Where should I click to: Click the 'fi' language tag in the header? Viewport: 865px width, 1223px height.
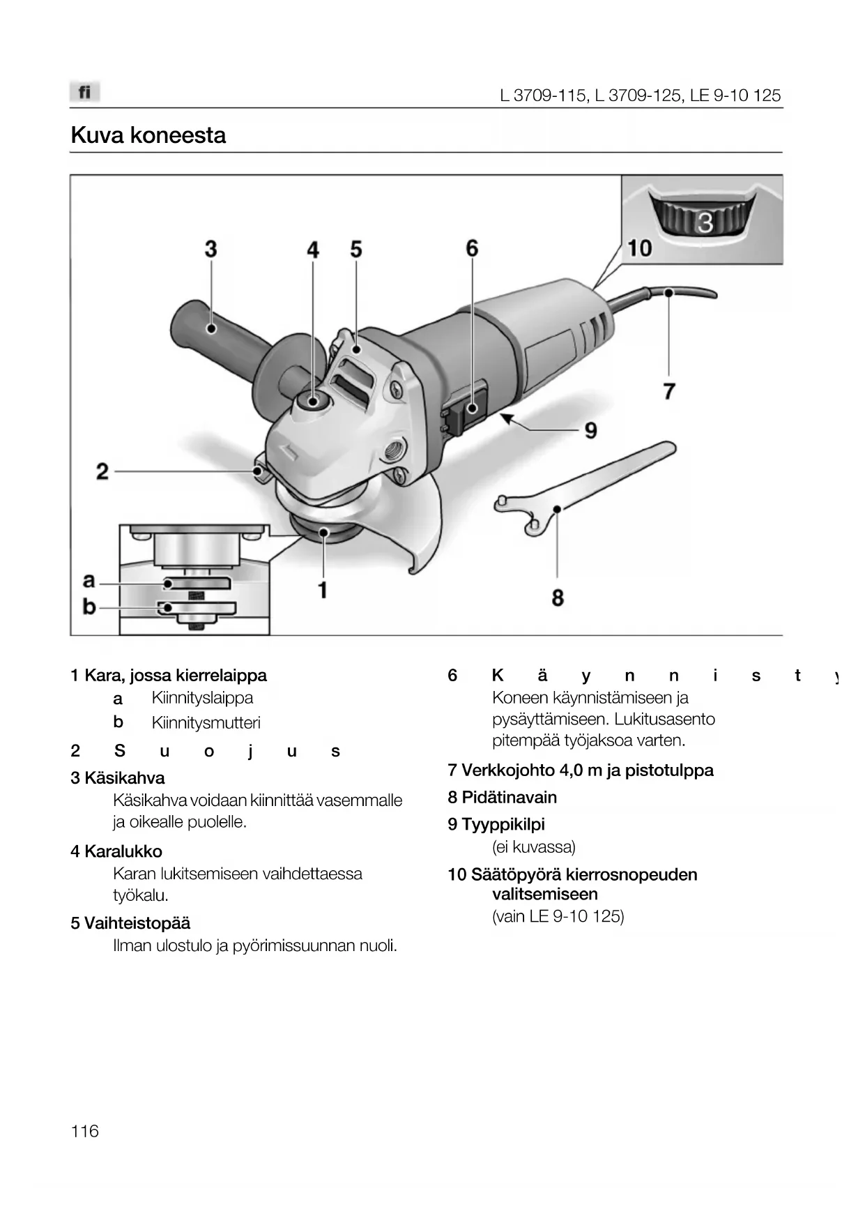84,92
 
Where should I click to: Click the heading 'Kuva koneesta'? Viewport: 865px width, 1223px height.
148,135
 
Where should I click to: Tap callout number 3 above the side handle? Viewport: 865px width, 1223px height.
210,249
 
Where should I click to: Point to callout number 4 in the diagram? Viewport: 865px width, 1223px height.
313,250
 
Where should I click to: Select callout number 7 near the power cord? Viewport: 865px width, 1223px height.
669,391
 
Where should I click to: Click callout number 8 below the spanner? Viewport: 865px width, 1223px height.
558,598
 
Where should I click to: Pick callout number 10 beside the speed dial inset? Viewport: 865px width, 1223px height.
639,248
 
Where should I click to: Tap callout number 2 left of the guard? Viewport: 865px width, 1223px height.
102,472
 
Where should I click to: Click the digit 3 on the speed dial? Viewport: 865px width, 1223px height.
705,222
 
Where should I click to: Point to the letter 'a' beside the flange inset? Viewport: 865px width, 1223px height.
89,580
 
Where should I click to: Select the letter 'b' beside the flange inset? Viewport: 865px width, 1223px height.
89,607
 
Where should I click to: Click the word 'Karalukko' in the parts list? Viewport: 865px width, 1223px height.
123,851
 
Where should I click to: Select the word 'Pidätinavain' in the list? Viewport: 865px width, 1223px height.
509,797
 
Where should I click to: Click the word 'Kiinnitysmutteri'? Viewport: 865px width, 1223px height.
206,723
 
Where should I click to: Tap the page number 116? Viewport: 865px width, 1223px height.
84,1131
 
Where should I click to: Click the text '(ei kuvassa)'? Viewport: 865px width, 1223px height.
534,847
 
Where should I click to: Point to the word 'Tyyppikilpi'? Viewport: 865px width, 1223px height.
503,824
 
